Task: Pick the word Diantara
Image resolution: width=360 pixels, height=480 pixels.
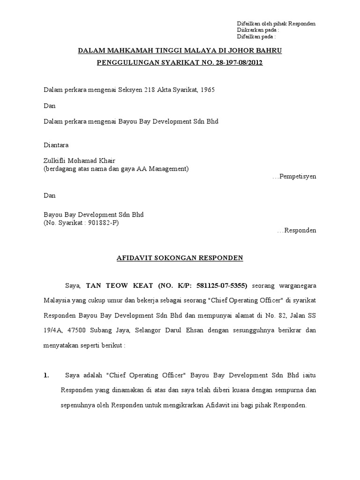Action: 56,145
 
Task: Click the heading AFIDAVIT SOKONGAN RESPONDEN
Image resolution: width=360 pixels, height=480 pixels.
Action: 180,258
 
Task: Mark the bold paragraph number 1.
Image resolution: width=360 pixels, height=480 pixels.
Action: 46,375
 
